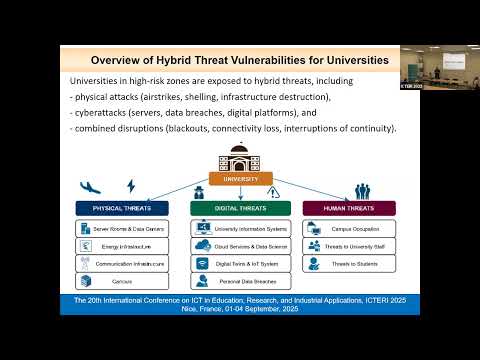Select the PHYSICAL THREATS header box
[121, 208]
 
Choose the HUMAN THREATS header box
[349, 208]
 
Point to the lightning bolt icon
[130, 186]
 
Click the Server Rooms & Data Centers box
[120, 229]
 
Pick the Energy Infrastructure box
[120, 245]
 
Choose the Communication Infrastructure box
[120, 263]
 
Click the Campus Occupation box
[349, 229]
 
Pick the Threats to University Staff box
[349, 245]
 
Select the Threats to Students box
[349, 263]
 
